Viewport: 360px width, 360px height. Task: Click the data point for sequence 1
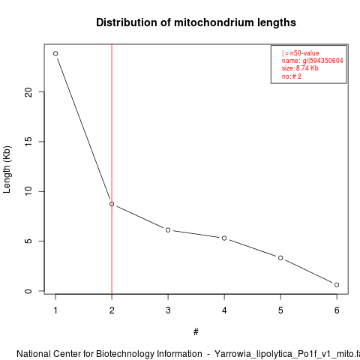tap(55, 53)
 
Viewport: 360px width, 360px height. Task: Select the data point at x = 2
tap(112, 204)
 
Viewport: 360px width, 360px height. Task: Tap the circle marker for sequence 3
tap(168, 230)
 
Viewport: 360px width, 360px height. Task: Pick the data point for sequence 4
tap(224, 238)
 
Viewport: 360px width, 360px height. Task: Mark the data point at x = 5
tap(280, 258)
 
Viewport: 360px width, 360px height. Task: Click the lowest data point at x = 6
tap(337, 285)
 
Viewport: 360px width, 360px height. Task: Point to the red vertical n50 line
tap(112, 169)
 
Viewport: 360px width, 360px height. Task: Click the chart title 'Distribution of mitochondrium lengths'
tap(196, 22)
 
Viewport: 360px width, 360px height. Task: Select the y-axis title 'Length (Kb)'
tap(7, 169)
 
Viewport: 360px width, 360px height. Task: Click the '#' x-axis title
tap(196, 332)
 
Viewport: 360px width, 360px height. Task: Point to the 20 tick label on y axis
tap(28, 92)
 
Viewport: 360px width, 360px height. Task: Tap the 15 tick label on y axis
tap(28, 142)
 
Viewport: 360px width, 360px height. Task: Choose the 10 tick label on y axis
tap(28, 191)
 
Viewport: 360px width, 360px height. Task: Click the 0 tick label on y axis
tap(28, 291)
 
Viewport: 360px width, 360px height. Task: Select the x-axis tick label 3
tap(168, 310)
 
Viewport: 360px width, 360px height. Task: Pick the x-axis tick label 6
tap(337, 310)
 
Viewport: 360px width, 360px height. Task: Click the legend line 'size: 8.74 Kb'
tap(300, 68)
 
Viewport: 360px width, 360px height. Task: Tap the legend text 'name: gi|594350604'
tap(313, 61)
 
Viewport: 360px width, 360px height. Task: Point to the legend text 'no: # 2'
tap(292, 76)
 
